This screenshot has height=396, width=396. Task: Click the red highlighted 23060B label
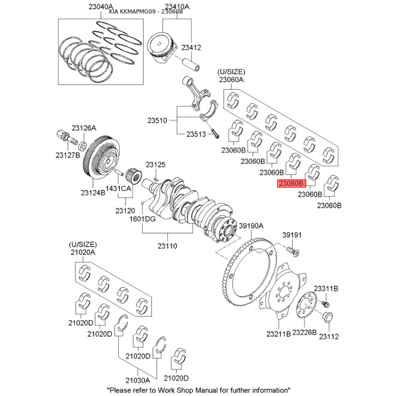coord(292,183)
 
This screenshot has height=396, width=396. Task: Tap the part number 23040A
coord(101,7)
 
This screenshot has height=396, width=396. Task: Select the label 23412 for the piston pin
coord(191,48)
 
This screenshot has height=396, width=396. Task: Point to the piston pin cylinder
coord(191,65)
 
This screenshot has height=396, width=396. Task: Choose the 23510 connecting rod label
coord(157,120)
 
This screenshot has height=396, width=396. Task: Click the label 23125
coord(155,165)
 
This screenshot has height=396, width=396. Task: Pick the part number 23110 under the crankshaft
coord(167,246)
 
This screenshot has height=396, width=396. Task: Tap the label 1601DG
coord(143,219)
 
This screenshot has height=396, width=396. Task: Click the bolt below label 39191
coord(294,251)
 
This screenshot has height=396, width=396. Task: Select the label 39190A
coord(251,226)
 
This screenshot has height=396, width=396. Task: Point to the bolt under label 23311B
coord(326,304)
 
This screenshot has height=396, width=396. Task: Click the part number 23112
coord(329,337)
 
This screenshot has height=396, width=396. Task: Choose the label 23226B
coord(304,333)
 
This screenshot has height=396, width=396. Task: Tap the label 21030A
coord(138,380)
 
